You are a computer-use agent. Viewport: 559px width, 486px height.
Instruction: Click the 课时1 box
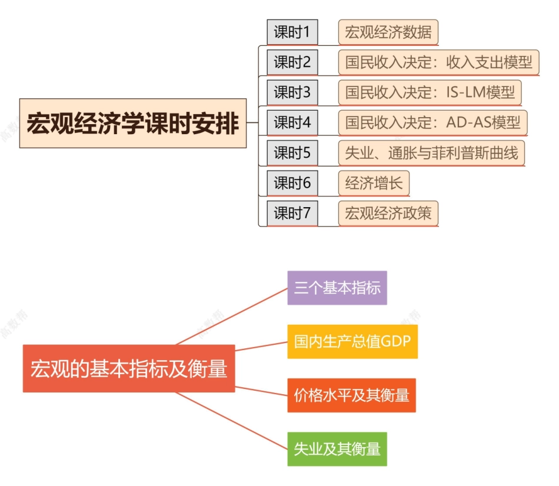tap(292, 32)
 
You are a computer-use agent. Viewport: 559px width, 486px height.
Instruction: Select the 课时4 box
tap(292, 123)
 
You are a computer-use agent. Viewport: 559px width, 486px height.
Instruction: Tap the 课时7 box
tap(292, 214)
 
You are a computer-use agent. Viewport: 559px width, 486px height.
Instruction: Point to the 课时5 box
tap(292, 154)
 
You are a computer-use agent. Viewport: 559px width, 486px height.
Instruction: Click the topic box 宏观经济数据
tap(388, 32)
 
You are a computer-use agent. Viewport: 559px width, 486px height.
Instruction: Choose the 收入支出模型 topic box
tap(438, 62)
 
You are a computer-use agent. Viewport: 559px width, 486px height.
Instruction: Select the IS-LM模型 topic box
tap(430, 92)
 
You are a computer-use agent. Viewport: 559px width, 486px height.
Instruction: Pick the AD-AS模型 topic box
tap(432, 123)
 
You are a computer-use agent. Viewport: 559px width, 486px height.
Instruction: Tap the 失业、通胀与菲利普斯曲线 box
tap(431, 154)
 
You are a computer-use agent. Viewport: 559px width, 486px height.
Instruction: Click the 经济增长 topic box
tap(374, 184)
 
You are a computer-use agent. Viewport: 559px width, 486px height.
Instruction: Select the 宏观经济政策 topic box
tap(388, 214)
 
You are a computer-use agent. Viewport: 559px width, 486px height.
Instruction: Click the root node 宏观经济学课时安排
tap(132, 124)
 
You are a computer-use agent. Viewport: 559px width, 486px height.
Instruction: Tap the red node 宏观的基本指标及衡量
tap(128, 368)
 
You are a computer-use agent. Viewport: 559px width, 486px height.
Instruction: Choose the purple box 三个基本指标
tap(337, 288)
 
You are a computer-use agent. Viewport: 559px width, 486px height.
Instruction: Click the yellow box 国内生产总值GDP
tap(352, 341)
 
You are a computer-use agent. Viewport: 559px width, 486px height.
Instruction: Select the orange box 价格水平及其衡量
tap(351, 395)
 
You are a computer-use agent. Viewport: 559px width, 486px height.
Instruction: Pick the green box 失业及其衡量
tap(337, 449)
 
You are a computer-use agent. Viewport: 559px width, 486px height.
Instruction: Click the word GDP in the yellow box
tap(395, 341)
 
